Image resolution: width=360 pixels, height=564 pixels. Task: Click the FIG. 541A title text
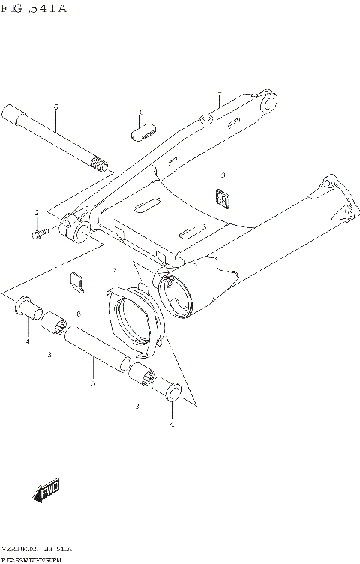pos(34,8)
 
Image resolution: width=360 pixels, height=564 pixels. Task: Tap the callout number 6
pos(55,107)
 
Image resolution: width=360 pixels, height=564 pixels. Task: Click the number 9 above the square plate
pos(223,175)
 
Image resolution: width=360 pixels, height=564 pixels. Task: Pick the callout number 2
pos(36,214)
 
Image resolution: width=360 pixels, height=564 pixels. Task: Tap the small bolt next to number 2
pos(37,235)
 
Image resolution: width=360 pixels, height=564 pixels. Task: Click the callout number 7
pos(114,269)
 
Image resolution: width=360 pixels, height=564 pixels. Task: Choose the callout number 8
pos(77,313)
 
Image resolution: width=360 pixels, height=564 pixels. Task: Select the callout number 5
pos(92,384)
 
